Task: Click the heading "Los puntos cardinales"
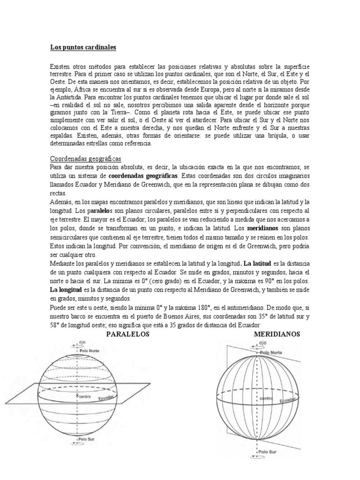(83, 48)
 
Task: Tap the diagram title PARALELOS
(127, 334)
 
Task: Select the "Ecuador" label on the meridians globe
(288, 401)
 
